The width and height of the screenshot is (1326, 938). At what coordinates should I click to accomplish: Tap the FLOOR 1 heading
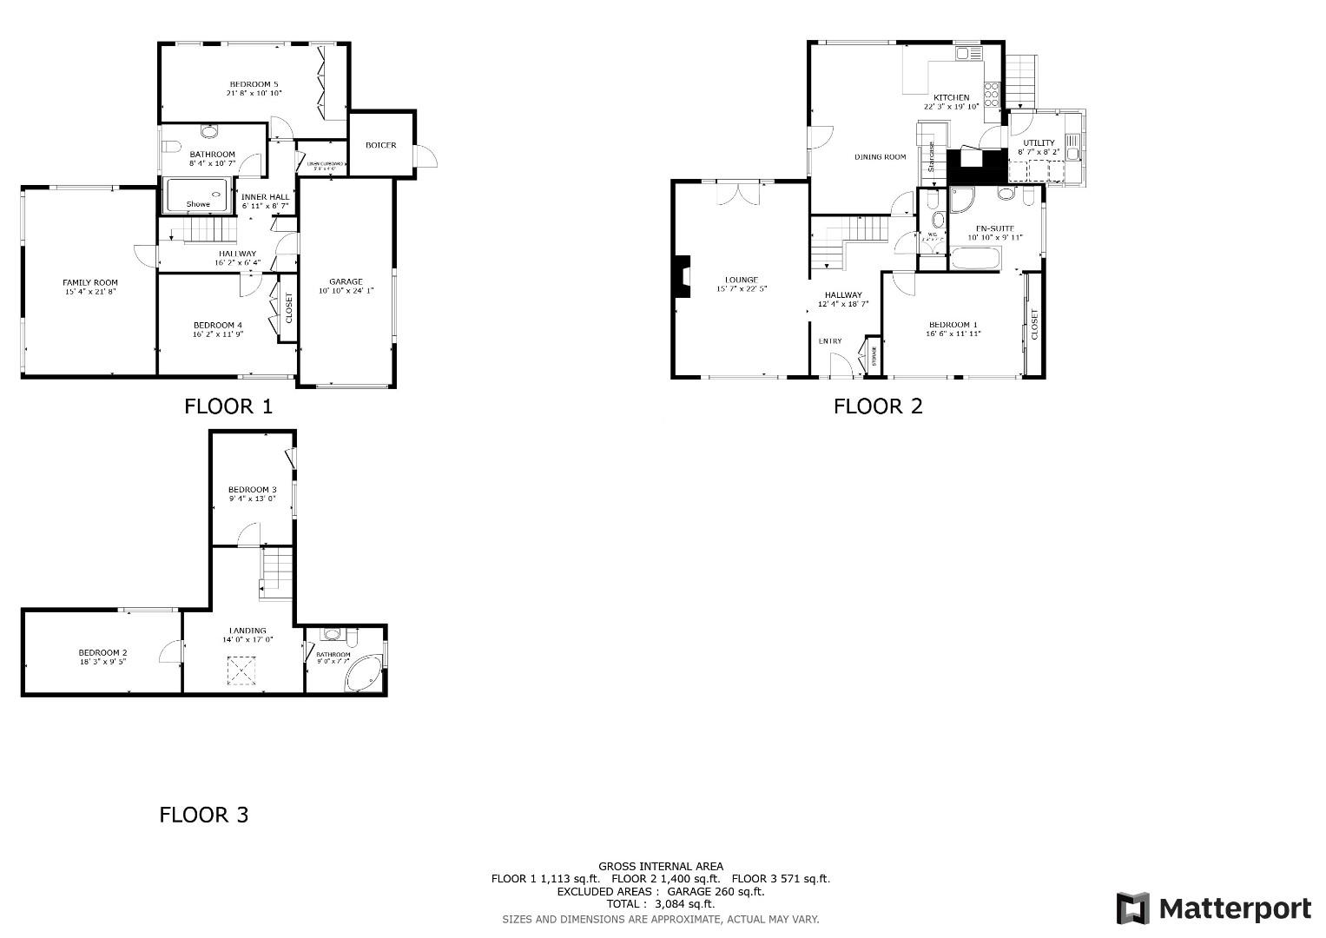coord(228,406)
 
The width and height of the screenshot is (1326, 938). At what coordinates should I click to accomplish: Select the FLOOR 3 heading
coord(204,815)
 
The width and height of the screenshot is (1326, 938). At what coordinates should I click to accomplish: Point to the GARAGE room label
coord(346,281)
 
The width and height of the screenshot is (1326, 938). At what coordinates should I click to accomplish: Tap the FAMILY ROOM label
coord(90,282)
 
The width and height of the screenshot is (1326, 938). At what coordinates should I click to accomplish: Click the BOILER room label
coord(380,145)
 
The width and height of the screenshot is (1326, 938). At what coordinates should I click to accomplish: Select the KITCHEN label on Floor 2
coord(951,97)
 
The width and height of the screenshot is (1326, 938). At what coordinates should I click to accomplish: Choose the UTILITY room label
coord(1039,142)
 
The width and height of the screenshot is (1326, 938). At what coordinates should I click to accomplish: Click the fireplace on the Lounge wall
coord(683,277)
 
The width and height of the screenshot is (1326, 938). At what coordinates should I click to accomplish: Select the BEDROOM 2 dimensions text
coord(103,662)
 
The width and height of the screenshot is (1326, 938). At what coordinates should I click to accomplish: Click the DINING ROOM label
coord(880,157)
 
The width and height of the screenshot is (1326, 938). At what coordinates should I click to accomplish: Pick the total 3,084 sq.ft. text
coord(661,904)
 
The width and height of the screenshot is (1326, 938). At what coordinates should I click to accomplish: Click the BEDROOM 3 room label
coord(252,489)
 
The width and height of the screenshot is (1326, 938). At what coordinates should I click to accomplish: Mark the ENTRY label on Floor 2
coord(829,341)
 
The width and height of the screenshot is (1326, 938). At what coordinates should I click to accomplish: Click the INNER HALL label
coord(265,197)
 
